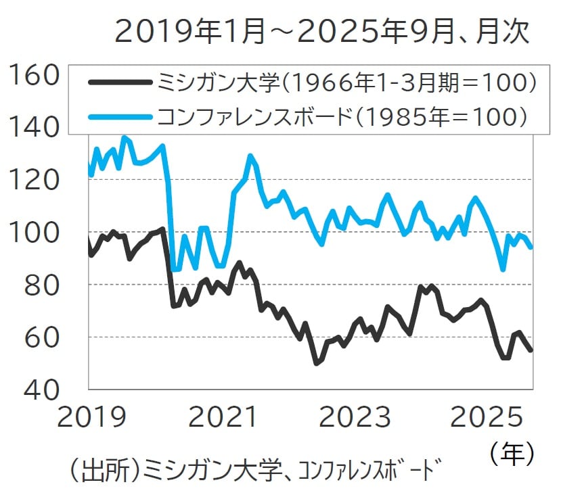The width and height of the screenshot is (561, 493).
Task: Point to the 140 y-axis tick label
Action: (x=32, y=128)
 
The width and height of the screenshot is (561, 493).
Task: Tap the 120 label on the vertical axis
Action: (x=32, y=181)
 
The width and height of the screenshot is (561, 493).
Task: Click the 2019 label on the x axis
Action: (x=92, y=417)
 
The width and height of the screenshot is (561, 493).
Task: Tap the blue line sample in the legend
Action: (x=120, y=116)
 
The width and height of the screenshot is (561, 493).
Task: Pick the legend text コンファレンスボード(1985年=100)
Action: (x=342, y=116)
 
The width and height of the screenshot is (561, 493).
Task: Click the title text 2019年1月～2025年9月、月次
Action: (x=321, y=32)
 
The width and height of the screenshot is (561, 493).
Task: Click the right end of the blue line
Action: (x=531, y=248)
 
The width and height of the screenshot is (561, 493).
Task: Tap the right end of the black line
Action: (x=531, y=350)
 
